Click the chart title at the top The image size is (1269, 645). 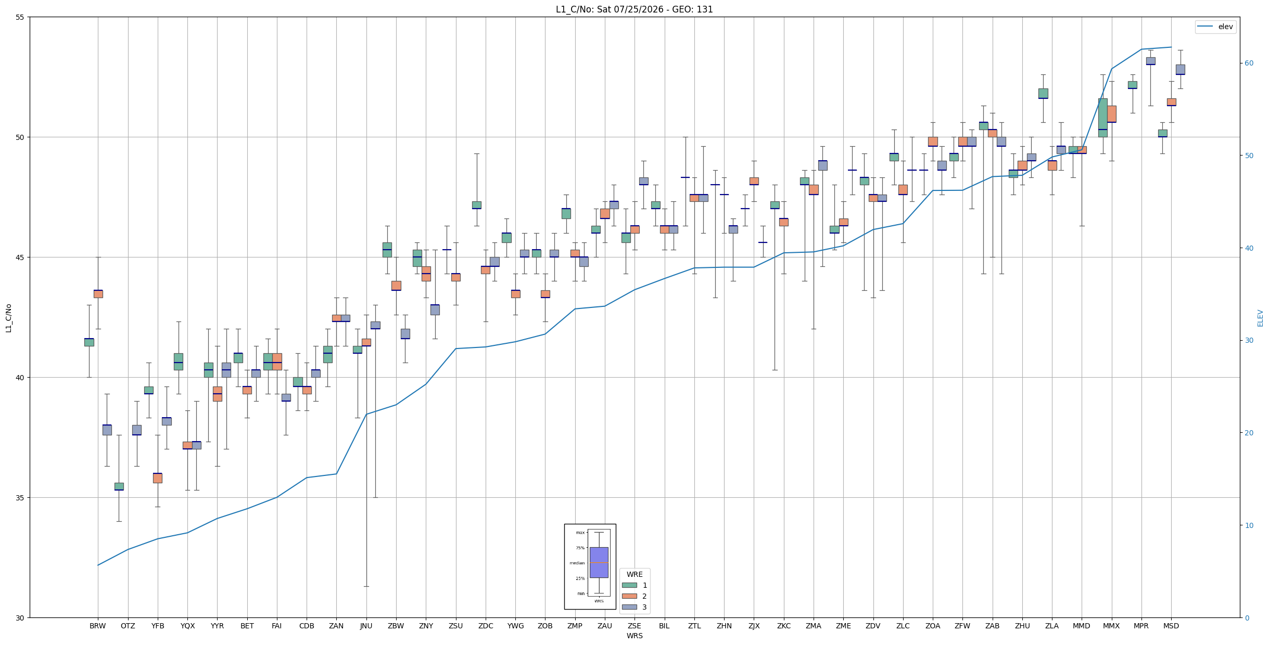(634, 9)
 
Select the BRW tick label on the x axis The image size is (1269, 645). (98, 626)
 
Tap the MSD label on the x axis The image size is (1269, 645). (1171, 626)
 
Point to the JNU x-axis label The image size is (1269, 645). (366, 626)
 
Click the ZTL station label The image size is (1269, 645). (694, 626)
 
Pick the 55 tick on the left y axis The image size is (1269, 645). (20, 17)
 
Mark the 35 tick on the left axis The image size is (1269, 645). (20, 498)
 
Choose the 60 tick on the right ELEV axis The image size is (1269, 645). (1249, 63)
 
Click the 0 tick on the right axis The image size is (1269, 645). (1247, 618)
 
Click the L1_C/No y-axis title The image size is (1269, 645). (8, 318)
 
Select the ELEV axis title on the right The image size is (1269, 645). (1260, 318)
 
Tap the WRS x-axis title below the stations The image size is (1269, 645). (635, 636)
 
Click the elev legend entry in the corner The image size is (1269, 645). (1215, 27)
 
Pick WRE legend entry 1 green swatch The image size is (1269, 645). (629, 585)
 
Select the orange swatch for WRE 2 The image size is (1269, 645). (629, 596)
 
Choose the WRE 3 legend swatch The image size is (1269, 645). (629, 607)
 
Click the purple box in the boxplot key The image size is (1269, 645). (599, 562)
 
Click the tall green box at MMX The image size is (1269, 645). (1102, 118)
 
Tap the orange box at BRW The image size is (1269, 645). (98, 294)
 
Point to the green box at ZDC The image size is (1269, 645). (476, 205)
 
